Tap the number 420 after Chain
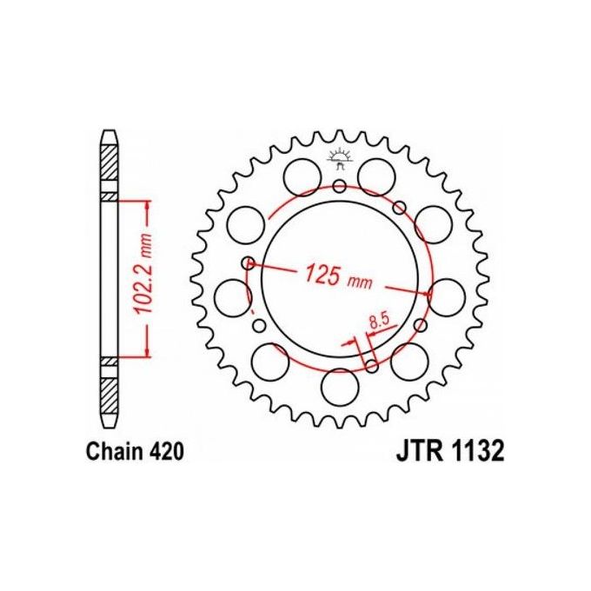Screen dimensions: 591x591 click(x=165, y=453)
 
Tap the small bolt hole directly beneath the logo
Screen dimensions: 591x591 click(x=339, y=184)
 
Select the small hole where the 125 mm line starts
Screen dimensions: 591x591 click(x=249, y=262)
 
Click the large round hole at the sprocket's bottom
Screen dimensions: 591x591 click(x=339, y=382)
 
